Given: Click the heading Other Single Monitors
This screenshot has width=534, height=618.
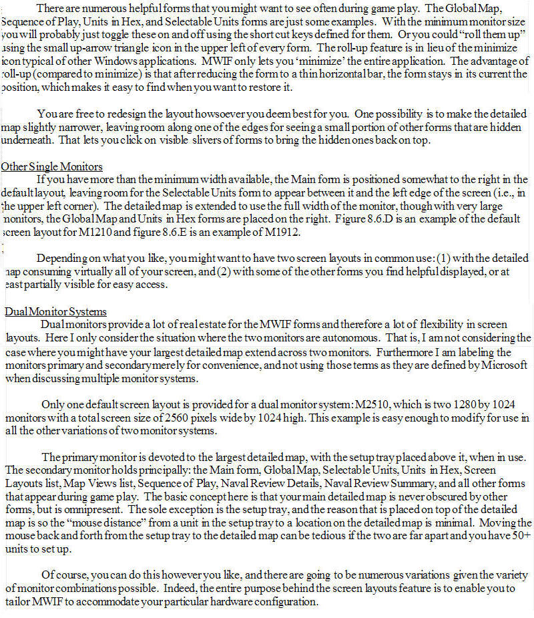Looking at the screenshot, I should tap(51, 166).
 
